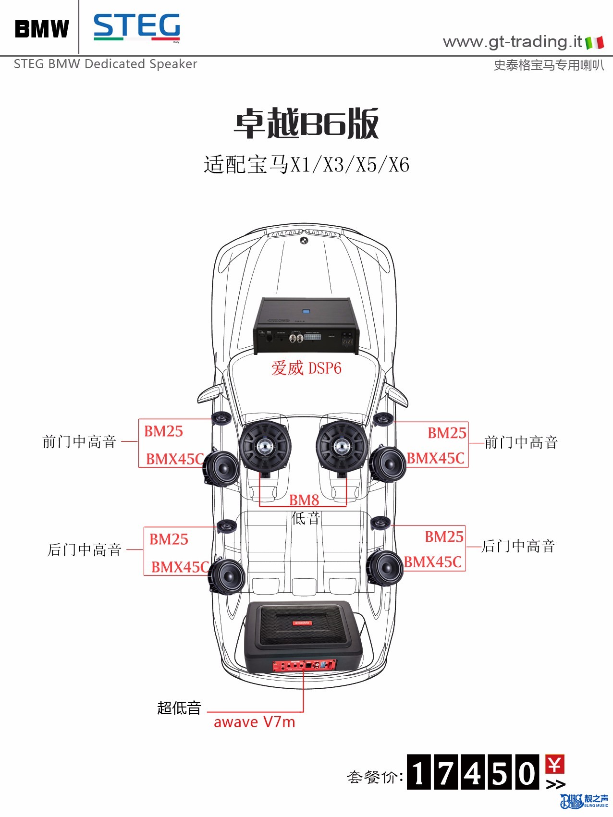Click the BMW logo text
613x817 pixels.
click(42, 29)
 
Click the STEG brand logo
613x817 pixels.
click(137, 27)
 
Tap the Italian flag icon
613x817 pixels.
click(595, 43)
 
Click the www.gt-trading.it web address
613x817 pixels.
click(512, 42)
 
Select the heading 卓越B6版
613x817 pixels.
click(306, 123)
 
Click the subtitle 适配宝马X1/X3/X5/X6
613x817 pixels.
click(306, 165)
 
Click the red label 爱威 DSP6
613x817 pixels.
click(306, 368)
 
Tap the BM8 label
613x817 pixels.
click(304, 500)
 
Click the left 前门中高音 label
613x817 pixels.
click(79, 441)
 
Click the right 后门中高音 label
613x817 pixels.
click(518, 546)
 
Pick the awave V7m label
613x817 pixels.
click(255, 722)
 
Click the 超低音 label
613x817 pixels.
click(179, 707)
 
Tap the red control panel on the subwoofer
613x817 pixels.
click(305, 665)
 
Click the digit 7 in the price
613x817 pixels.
click(446, 772)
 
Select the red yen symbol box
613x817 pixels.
click(555, 764)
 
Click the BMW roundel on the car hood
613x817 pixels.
click(304, 241)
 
